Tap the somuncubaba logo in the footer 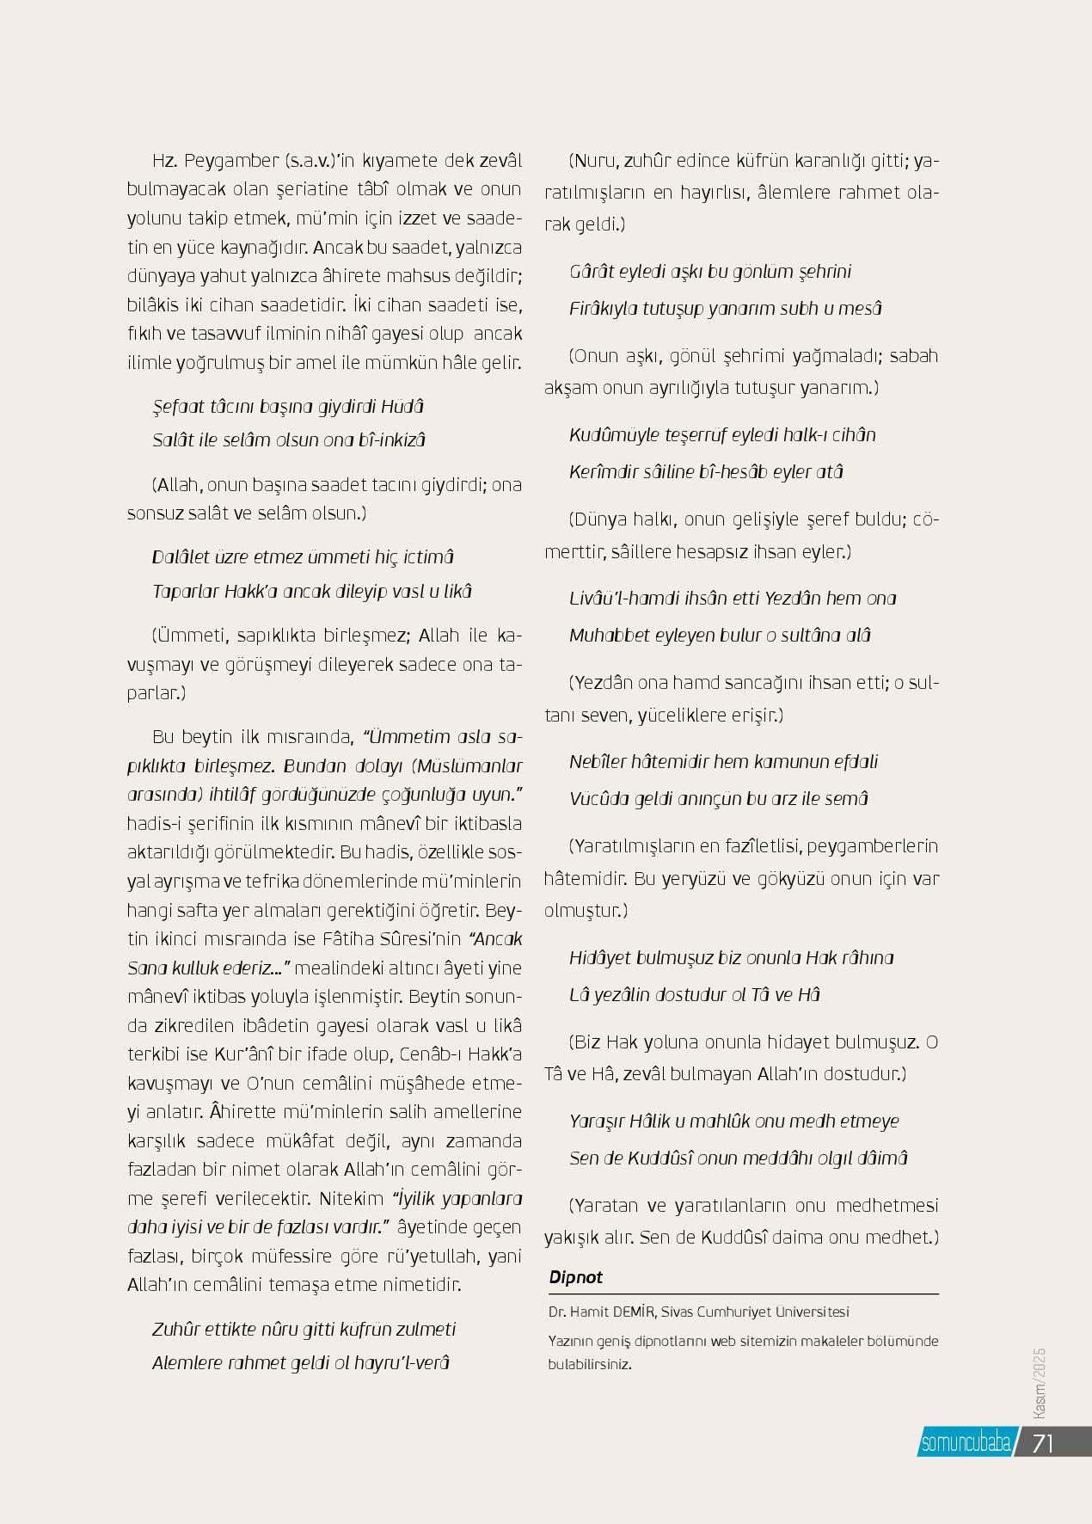tap(966, 1443)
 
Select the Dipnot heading tap(575, 1277)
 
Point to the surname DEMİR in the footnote tap(634, 1312)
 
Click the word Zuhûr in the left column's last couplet tap(175, 1330)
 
